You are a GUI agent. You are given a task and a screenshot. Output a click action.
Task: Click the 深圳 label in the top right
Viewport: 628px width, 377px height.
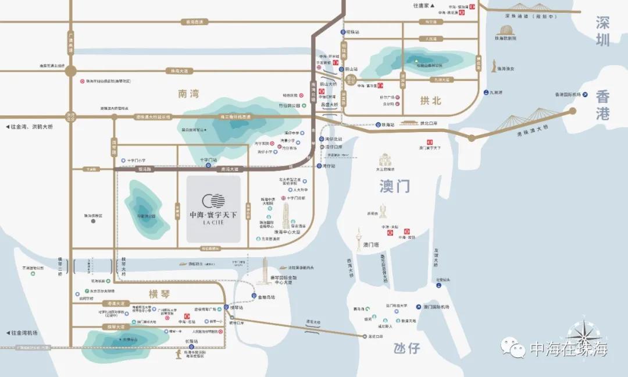tap(603, 31)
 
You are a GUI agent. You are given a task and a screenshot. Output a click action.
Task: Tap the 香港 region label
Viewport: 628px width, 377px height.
tap(602, 105)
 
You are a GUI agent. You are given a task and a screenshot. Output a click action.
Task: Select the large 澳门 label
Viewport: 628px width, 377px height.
tap(395, 186)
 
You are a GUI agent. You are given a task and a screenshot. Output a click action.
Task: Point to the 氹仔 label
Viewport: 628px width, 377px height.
tap(406, 348)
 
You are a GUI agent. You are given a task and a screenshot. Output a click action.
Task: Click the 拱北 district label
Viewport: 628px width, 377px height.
tap(431, 101)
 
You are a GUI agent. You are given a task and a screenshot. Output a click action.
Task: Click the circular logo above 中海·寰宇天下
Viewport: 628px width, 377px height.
tap(213, 201)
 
